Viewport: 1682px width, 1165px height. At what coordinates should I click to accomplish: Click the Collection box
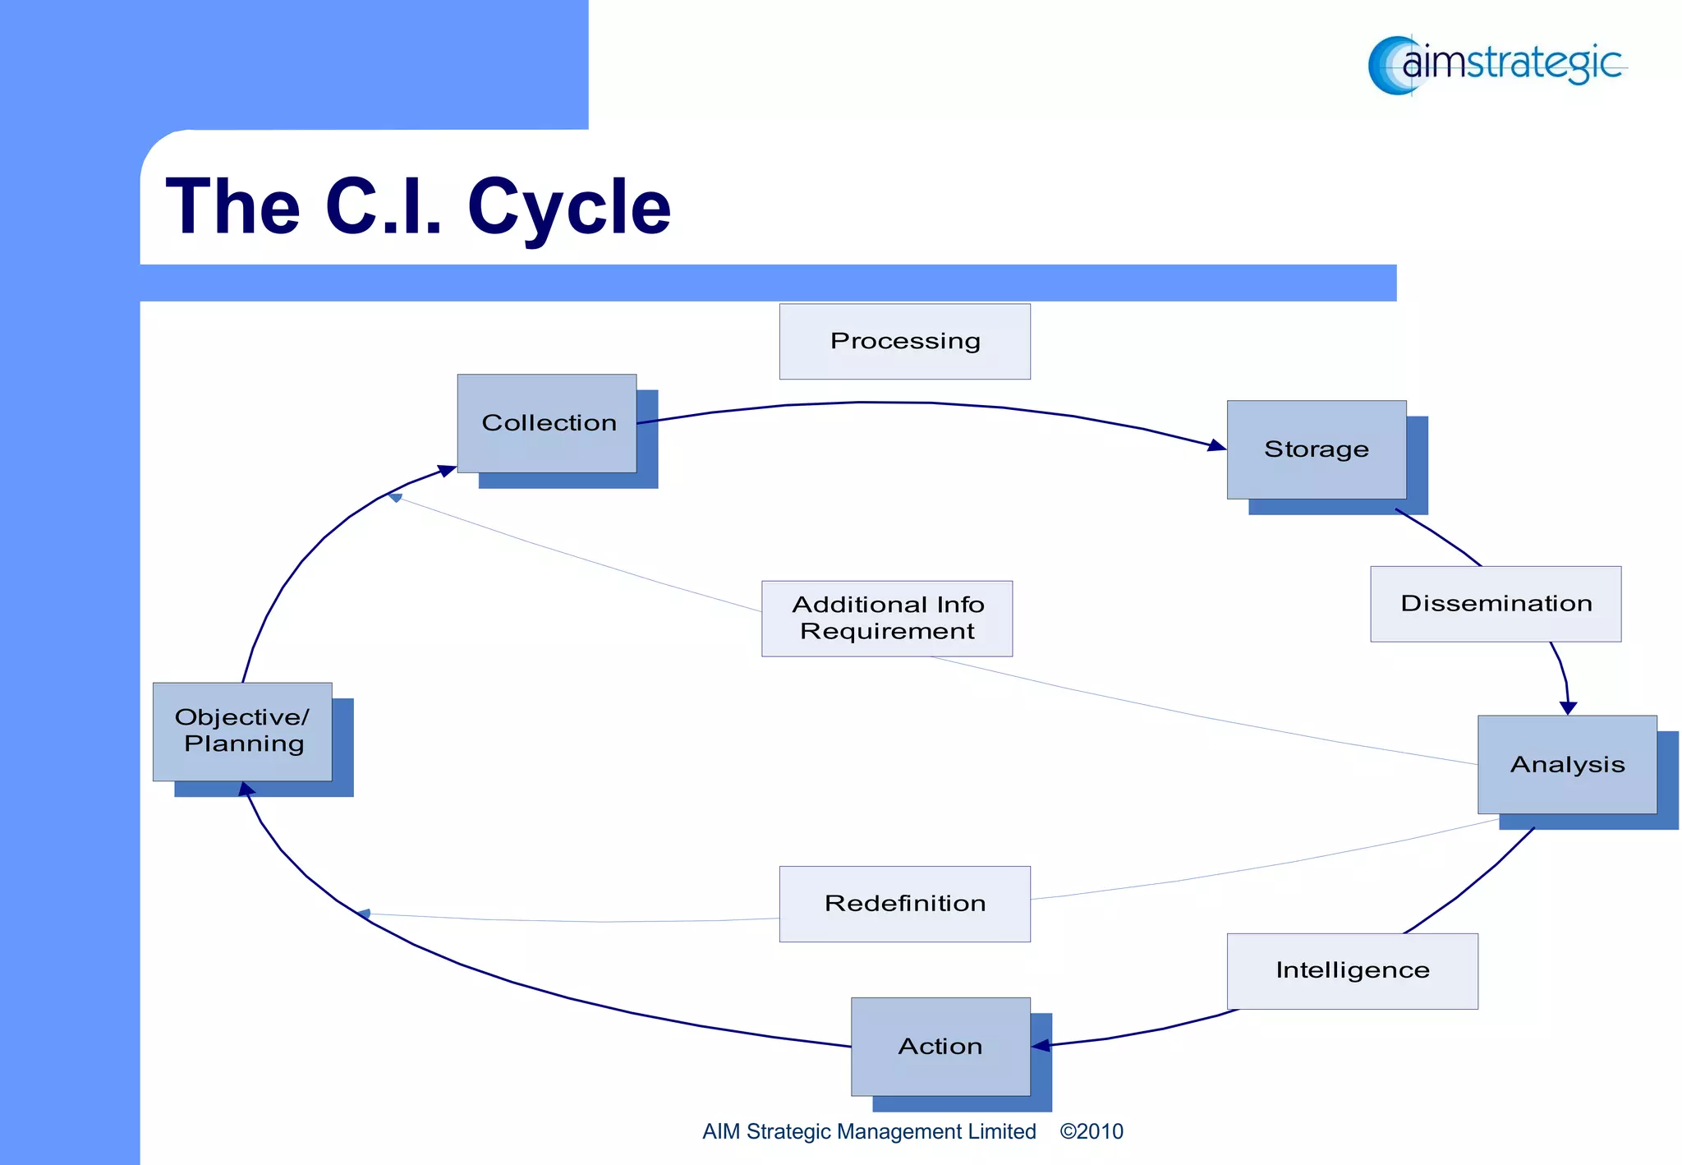(547, 423)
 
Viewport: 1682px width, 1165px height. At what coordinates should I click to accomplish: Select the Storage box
(1317, 449)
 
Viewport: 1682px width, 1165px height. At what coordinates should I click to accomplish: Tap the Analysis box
(1567, 764)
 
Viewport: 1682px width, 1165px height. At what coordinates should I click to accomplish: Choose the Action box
(940, 1046)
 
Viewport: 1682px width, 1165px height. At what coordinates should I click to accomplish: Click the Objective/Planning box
(242, 730)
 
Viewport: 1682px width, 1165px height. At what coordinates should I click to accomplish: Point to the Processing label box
(904, 341)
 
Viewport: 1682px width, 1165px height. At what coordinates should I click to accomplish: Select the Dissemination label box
(1496, 603)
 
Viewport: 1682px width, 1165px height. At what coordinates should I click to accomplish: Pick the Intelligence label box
(1352, 970)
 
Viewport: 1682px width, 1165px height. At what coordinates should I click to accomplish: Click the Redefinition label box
(904, 903)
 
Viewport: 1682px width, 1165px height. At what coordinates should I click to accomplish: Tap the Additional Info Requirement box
(887, 618)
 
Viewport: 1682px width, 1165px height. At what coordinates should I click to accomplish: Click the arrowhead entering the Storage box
(1217, 446)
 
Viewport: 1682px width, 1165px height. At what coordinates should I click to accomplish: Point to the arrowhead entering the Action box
(1041, 1045)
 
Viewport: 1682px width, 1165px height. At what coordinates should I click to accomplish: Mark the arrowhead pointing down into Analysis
(1568, 707)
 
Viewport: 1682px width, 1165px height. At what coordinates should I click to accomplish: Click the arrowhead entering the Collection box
(447, 471)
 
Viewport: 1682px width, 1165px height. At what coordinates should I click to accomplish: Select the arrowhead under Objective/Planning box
(246, 790)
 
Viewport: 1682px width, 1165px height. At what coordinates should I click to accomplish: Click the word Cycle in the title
(568, 207)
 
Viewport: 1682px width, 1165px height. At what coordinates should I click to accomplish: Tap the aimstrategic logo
(1496, 64)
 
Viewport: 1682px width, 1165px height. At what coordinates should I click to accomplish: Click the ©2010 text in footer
(1091, 1131)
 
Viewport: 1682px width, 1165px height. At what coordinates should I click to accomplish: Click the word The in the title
(233, 207)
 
